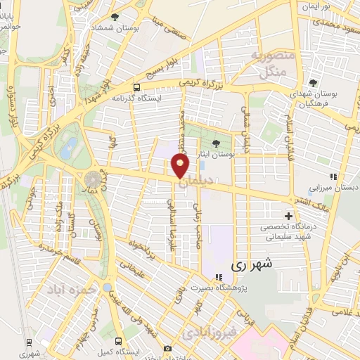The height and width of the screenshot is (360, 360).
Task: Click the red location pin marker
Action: [x=180, y=167]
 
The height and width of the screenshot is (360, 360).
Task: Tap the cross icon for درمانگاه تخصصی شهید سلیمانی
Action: [x=288, y=216]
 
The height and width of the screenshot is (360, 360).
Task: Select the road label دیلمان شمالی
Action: [x=245, y=129]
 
